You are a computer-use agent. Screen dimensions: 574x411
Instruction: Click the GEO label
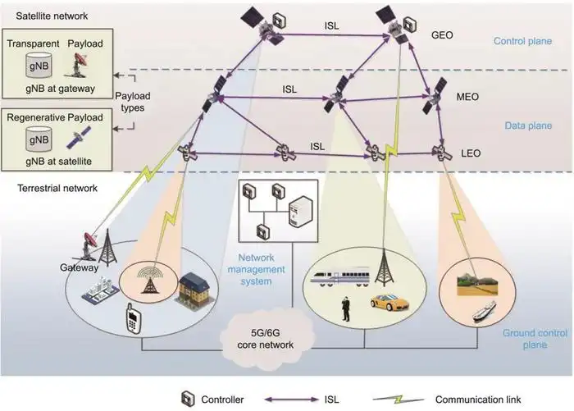tap(442, 35)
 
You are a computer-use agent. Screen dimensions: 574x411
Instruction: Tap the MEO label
tap(467, 97)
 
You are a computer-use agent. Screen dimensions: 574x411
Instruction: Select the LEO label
tap(471, 153)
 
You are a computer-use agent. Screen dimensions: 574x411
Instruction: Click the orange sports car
tap(389, 302)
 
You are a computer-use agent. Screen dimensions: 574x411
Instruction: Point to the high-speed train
tap(339, 277)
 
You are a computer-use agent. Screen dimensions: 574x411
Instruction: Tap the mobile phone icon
tap(133, 318)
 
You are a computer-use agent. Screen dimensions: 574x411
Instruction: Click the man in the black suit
tap(345, 308)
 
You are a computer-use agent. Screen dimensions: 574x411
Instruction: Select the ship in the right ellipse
tap(484, 312)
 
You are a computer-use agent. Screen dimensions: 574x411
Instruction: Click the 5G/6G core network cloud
tap(266, 338)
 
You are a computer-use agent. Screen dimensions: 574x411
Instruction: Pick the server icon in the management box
tap(301, 212)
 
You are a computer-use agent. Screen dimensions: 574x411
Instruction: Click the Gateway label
tap(79, 267)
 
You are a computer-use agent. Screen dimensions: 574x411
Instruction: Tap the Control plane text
tap(522, 41)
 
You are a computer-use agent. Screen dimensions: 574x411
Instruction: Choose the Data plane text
tap(528, 126)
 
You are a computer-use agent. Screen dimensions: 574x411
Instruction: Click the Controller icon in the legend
tap(188, 399)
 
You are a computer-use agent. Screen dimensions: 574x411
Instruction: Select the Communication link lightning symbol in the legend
tap(399, 400)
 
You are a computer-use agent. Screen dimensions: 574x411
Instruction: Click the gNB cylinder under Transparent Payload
tap(39, 65)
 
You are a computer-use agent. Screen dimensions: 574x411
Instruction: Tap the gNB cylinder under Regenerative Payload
tap(39, 139)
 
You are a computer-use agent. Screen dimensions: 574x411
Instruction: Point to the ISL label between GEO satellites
tap(331, 26)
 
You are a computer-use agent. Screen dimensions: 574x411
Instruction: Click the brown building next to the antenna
tap(193, 290)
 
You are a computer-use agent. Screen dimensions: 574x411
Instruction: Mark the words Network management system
tap(256, 269)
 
